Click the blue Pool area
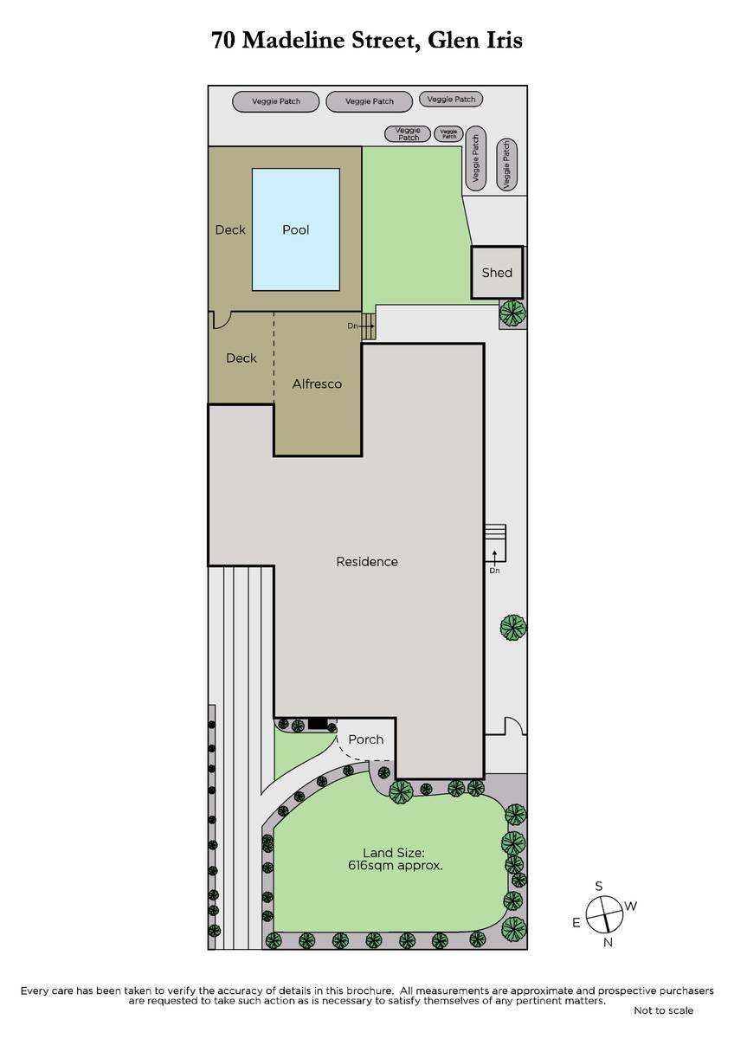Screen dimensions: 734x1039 295,229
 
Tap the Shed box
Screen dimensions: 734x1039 497,272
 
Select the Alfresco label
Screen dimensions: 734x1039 317,384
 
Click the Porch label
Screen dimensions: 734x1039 366,739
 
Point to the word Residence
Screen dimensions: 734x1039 367,562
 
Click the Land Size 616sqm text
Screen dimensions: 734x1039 395,859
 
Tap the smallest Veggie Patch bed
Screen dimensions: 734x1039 449,134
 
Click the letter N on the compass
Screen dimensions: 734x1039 608,943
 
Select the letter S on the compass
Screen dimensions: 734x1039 599,886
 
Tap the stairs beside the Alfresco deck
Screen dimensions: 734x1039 369,326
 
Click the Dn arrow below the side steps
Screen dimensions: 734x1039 495,556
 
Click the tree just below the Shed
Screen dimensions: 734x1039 512,313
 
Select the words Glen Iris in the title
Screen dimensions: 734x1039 475,40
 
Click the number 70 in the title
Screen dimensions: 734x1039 222,41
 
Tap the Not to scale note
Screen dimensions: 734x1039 663,1010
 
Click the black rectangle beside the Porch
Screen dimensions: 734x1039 318,724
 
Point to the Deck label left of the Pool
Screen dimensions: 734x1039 230,229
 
